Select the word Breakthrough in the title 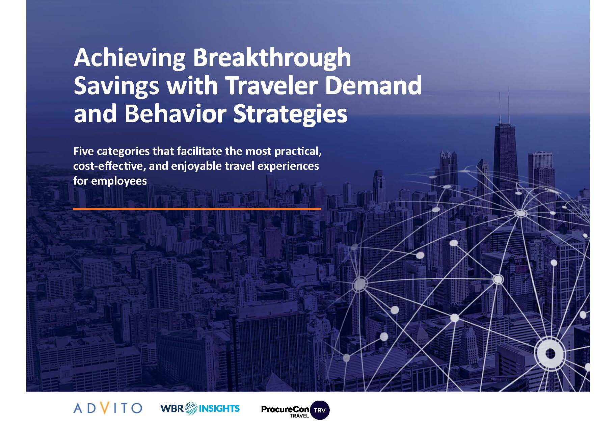[x=272, y=58]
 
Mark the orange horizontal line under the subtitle [x=197, y=209]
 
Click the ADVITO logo [x=107, y=408]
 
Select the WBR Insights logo [x=200, y=408]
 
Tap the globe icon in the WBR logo [x=192, y=408]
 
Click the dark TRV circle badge [x=319, y=410]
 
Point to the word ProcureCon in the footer [x=285, y=409]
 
